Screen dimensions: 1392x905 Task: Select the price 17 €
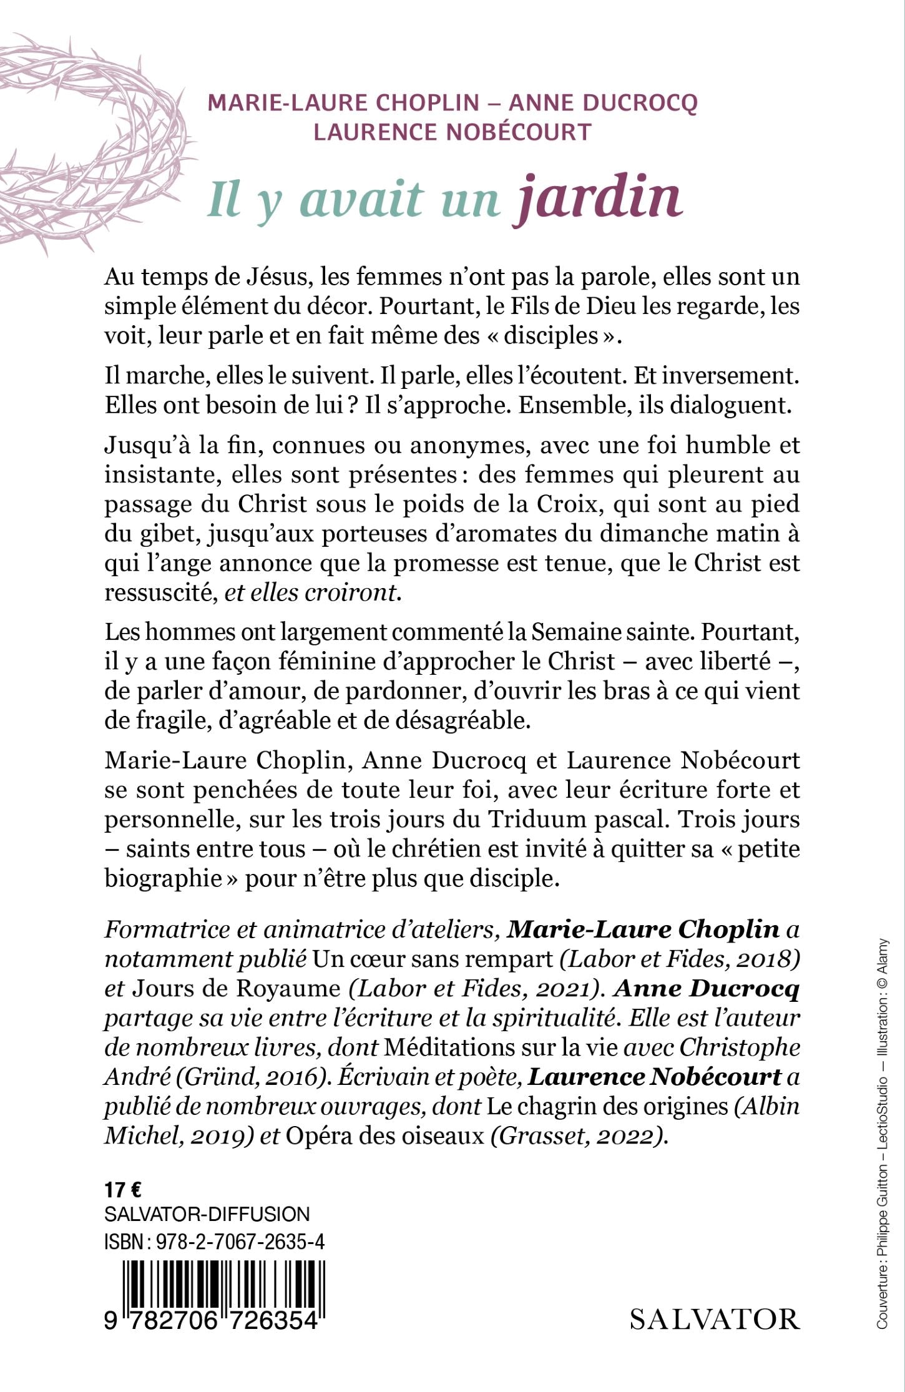click(x=123, y=1190)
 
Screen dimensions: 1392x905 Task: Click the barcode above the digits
click(x=223, y=1285)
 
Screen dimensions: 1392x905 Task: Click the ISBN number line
click(x=214, y=1242)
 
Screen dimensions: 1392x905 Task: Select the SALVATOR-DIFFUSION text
click(x=207, y=1214)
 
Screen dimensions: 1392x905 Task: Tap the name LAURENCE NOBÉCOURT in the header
click(x=452, y=132)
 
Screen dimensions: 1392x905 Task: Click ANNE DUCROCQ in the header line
click(x=603, y=103)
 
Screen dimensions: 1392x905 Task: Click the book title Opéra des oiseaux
click(x=384, y=1135)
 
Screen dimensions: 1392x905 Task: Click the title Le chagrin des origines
click(x=607, y=1106)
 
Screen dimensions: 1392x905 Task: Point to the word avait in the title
click(x=361, y=200)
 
